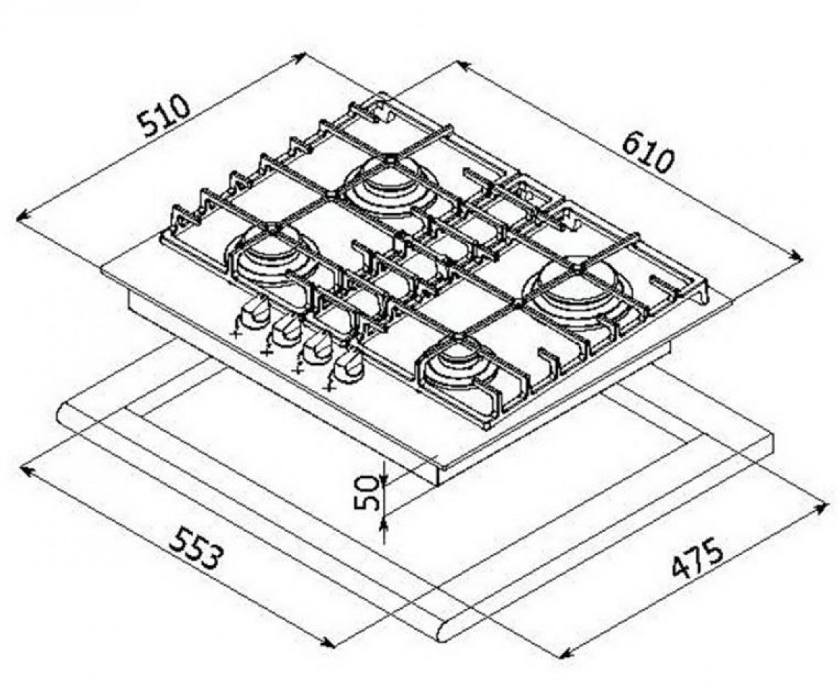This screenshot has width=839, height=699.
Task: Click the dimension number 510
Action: pos(164,116)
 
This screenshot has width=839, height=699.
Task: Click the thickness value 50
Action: pos(367,492)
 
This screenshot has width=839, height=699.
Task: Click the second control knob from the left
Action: pos(285,331)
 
